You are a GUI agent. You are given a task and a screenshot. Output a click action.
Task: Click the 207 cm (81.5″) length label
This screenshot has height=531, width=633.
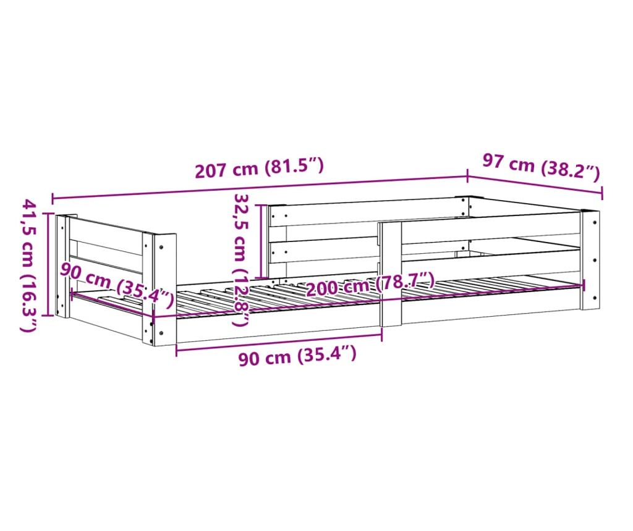pyautogui.click(x=259, y=169)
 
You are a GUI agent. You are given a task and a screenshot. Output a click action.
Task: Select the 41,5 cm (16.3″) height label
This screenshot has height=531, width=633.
pyautogui.click(x=28, y=265)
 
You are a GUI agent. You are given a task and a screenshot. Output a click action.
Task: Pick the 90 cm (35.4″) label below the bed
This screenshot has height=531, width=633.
pyautogui.click(x=297, y=356)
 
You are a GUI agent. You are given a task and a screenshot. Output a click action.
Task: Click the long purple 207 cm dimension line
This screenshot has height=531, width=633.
pyautogui.click(x=259, y=188)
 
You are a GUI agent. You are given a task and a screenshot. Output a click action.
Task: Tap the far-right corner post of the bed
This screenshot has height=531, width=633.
pyautogui.click(x=590, y=259)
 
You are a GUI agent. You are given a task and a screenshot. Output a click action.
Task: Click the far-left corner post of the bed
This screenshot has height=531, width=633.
pyautogui.click(x=62, y=265)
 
